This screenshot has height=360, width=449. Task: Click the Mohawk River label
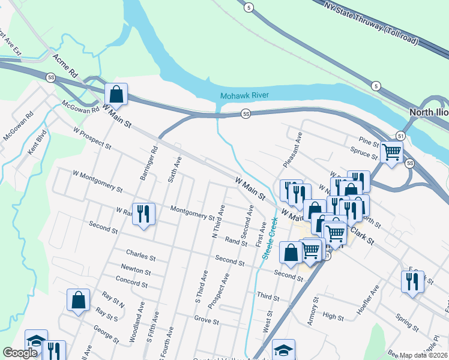[x=245, y=96]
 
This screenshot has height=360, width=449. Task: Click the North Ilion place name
[x=429, y=112]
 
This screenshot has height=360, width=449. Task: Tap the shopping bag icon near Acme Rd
[x=116, y=94]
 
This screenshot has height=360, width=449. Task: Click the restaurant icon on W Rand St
[x=143, y=214]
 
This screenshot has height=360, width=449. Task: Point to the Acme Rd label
[x=66, y=65]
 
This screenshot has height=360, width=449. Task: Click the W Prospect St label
[x=92, y=137]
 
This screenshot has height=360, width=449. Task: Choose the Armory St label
[x=312, y=314]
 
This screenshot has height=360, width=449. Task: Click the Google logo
[x=20, y=353]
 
